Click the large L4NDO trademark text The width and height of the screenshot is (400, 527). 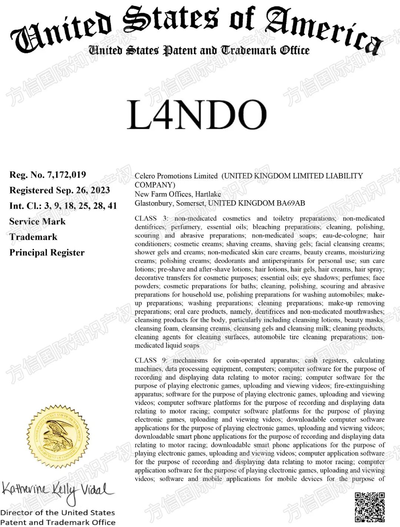pyautogui.click(x=197, y=115)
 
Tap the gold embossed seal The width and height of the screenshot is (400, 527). pyautogui.click(x=59, y=437)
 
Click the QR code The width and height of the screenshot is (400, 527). pyautogui.click(x=369, y=507)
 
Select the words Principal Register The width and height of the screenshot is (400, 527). pyautogui.click(x=47, y=253)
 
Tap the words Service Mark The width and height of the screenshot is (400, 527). pyautogui.click(x=37, y=221)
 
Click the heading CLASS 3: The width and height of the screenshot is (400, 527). pyautogui.click(x=151, y=218)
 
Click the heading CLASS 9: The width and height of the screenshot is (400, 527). pyautogui.click(x=151, y=360)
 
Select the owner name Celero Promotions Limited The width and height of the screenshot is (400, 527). pyautogui.click(x=176, y=176)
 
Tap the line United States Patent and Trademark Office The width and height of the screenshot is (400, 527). pyautogui.click(x=199, y=50)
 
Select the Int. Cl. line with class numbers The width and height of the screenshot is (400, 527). pyautogui.click(x=63, y=206)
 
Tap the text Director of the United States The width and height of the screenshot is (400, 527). pyautogui.click(x=57, y=513)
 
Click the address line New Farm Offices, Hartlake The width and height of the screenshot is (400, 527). pyautogui.click(x=178, y=194)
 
